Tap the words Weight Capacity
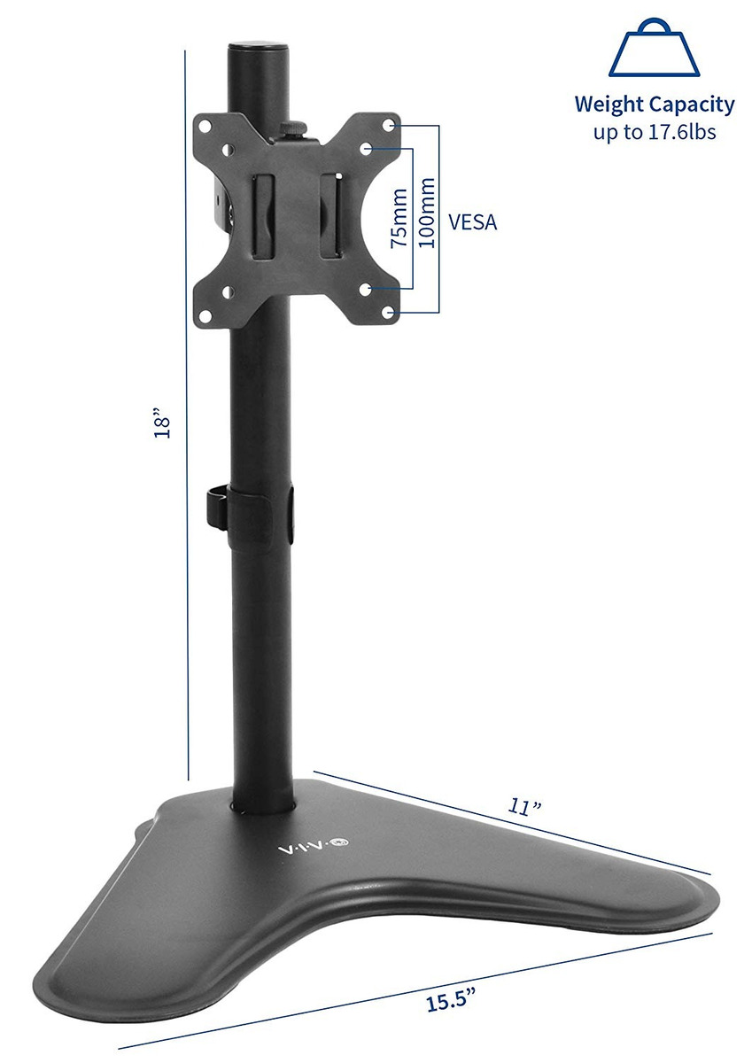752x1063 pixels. point(655,105)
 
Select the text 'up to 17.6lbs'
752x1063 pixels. point(655,131)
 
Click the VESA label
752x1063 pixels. point(473,222)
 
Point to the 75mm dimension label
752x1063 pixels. point(399,218)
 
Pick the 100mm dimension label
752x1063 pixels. point(427,213)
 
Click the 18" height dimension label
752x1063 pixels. point(162,422)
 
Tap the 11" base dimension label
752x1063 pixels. point(525,806)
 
